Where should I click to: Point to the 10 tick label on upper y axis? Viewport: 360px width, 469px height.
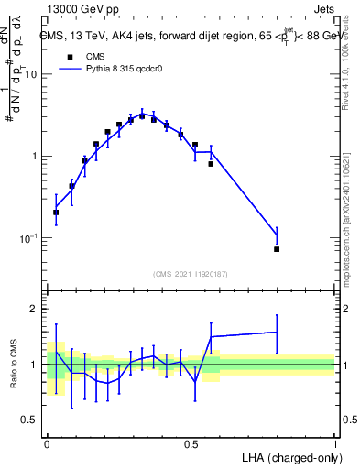click(x=31, y=74)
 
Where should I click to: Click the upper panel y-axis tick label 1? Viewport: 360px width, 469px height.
click(x=35, y=156)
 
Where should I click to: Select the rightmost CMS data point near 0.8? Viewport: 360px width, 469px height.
click(x=277, y=248)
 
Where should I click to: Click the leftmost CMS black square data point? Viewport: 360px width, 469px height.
click(x=56, y=212)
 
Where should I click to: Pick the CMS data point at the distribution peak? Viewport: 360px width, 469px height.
click(x=142, y=116)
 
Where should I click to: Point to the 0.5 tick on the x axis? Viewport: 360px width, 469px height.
click(x=191, y=442)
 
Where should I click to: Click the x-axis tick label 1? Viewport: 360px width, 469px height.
click(x=335, y=442)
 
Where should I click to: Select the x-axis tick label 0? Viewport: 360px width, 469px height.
click(x=47, y=442)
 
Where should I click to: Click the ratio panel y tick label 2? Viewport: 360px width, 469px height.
click(x=35, y=310)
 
